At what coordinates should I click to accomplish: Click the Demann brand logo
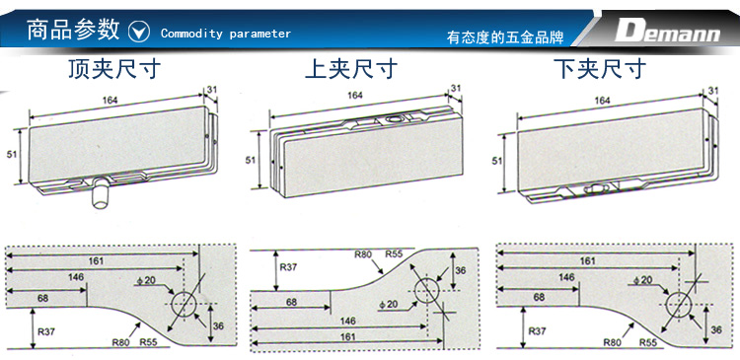(667, 32)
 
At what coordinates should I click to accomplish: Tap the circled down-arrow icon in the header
(139, 33)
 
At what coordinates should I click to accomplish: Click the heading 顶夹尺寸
(114, 69)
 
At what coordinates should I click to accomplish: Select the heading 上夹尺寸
(351, 69)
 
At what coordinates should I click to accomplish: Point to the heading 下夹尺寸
(599, 69)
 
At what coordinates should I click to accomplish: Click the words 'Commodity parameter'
(226, 34)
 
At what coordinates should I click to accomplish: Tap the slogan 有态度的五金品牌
(505, 37)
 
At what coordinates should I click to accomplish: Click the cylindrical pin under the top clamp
(100, 193)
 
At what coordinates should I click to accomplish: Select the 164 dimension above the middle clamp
(355, 96)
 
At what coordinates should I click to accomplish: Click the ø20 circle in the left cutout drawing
(184, 304)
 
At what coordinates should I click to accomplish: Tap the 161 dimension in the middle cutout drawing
(347, 337)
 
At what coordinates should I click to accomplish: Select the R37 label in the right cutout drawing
(537, 331)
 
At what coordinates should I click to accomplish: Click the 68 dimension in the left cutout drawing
(42, 298)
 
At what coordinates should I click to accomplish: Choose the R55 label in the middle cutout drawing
(394, 254)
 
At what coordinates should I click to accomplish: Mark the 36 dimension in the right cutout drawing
(716, 329)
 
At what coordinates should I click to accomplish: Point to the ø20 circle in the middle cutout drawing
(427, 290)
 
